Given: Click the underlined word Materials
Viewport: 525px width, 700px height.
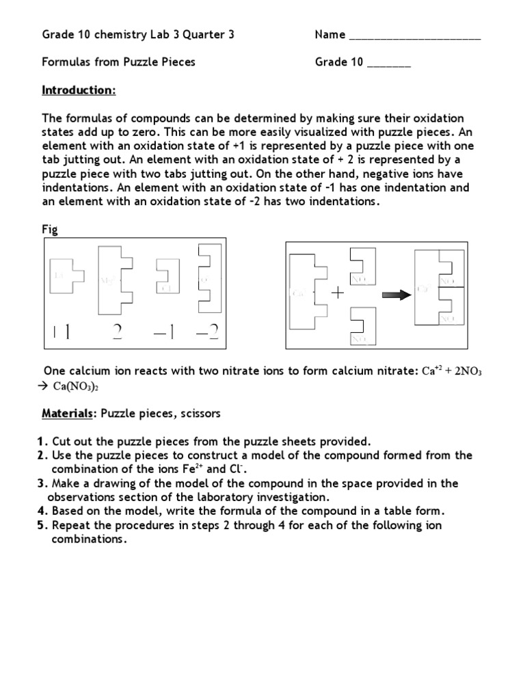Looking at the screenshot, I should point(66,414).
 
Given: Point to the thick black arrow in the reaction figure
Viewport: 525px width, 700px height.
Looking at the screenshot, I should point(394,294).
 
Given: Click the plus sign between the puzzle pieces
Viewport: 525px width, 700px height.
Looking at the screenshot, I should point(337,293).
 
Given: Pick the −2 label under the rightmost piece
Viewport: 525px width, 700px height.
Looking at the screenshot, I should point(206,332).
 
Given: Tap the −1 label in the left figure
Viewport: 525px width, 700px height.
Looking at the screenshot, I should point(164,332).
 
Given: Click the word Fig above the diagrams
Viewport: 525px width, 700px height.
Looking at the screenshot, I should point(50,230).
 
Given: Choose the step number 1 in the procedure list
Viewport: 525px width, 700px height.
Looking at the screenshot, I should point(45,442).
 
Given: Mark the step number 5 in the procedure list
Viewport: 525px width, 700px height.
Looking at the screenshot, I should point(45,525).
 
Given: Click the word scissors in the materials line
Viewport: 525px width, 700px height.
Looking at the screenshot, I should point(200,414).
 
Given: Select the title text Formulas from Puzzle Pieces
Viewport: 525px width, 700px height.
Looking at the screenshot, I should point(118,62).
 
